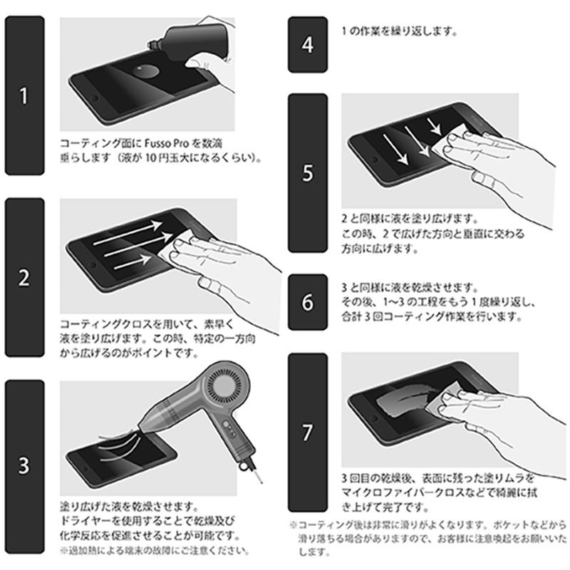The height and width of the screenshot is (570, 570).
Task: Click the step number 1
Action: coord(24,95)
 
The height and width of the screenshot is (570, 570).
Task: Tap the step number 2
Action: coord(24,277)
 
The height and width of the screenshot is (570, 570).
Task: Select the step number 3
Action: coord(24,467)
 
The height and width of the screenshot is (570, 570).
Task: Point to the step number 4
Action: coord(307,45)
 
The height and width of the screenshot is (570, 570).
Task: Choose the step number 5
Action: coord(307,173)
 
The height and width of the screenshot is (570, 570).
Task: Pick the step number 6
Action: coord(307,302)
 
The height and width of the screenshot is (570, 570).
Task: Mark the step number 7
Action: coord(307,432)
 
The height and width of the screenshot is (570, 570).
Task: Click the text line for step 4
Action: coord(399,31)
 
